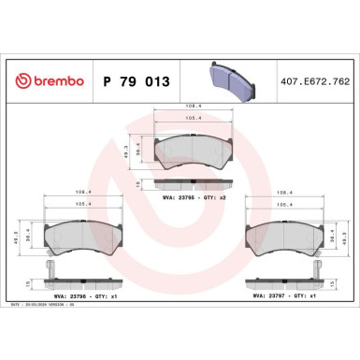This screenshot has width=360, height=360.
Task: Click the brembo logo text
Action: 54,81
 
